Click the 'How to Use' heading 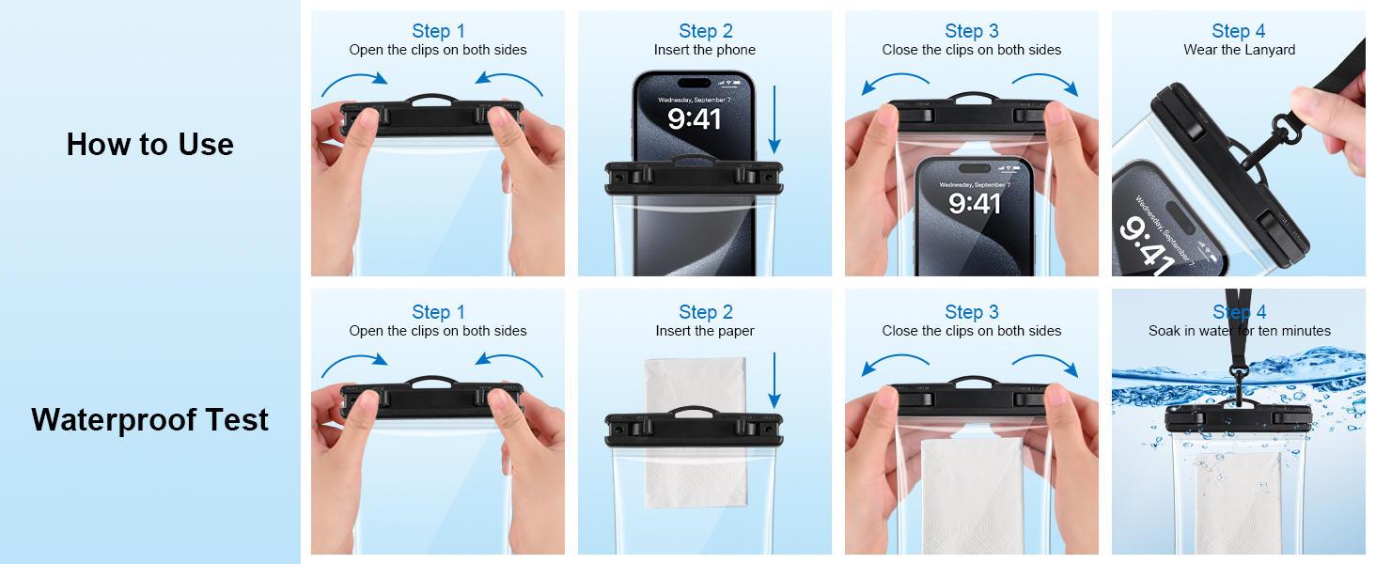149,144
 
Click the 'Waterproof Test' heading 149,419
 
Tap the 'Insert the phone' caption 704,50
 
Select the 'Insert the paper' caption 704,331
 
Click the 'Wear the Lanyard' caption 1239,50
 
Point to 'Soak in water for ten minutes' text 1239,331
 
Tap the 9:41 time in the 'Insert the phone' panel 694,118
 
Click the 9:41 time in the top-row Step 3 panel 974,202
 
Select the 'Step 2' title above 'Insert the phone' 704,31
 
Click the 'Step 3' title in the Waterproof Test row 971,312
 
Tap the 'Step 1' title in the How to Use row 438,31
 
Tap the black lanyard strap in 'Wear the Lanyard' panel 1335,70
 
